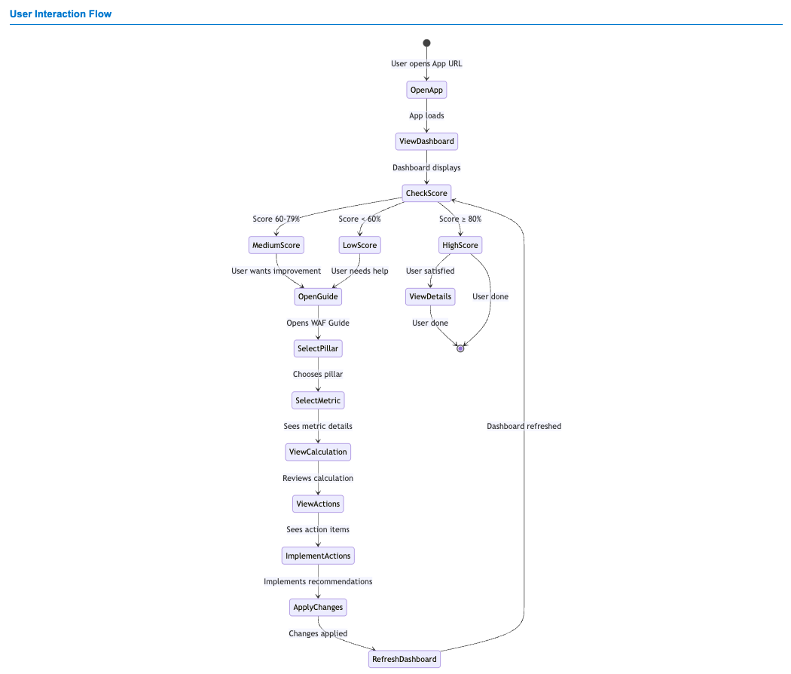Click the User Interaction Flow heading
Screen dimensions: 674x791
tap(61, 14)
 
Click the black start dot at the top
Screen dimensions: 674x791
tap(426, 43)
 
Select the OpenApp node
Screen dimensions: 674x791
tap(426, 90)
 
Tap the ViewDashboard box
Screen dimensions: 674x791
tap(426, 142)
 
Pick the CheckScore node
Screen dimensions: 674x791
tap(426, 193)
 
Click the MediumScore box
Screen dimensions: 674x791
tap(276, 245)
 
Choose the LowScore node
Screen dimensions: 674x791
tap(359, 245)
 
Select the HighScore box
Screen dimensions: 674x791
tap(460, 245)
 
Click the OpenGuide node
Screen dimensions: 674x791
tap(318, 297)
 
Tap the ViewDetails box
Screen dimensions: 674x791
tap(430, 297)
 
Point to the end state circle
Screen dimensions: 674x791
tap(460, 348)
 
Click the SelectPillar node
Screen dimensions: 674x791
tap(318, 348)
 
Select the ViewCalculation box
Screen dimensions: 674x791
tap(318, 452)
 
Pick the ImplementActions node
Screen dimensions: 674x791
tap(318, 556)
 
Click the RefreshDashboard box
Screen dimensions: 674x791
tap(405, 659)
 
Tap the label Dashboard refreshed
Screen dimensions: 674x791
tap(524, 426)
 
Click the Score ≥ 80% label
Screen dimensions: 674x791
tap(460, 219)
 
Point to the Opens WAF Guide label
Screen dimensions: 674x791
tap(318, 323)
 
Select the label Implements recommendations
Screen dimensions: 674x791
tap(318, 581)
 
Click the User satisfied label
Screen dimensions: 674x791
tap(430, 271)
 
